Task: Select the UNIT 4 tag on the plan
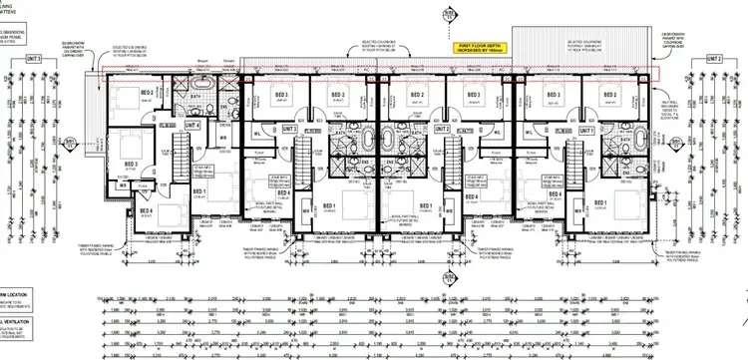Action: pyautogui.click(x=190, y=126)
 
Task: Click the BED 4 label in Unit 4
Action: pyautogui.click(x=146, y=210)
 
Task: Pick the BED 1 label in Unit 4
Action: pyautogui.click(x=197, y=190)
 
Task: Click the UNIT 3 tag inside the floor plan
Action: pyautogui.click(x=290, y=129)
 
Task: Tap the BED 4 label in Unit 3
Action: pyautogui.click(x=283, y=192)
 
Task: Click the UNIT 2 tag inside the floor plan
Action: pyautogui.click(x=442, y=130)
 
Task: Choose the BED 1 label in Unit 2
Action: pyautogui.click(x=426, y=207)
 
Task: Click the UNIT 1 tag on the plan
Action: pyautogui.click(x=587, y=130)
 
